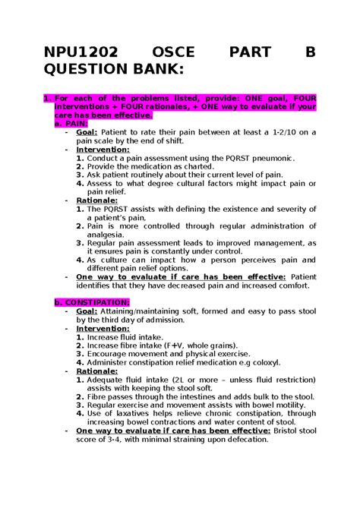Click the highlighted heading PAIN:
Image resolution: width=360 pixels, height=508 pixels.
point(77,123)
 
